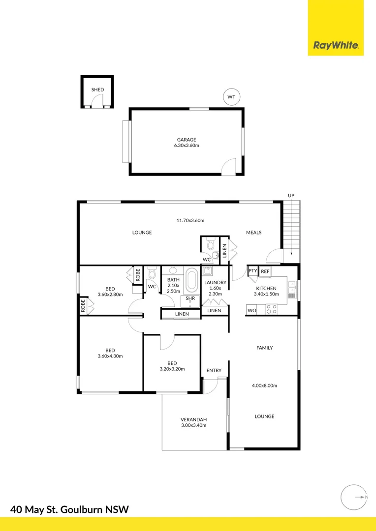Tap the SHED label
tap(97, 90)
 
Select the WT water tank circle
tap(231, 97)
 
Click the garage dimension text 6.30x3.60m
tap(187, 146)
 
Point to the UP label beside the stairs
tap(291, 196)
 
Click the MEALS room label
tap(254, 233)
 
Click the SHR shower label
tap(190, 298)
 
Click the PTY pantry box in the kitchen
tap(252, 271)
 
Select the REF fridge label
tap(265, 271)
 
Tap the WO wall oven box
tap(251, 310)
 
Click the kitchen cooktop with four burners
tap(271, 309)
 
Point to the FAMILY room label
tap(264, 348)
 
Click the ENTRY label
tap(214, 371)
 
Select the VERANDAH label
tap(193, 419)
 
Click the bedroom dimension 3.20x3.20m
tap(172, 369)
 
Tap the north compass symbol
tap(353, 498)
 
